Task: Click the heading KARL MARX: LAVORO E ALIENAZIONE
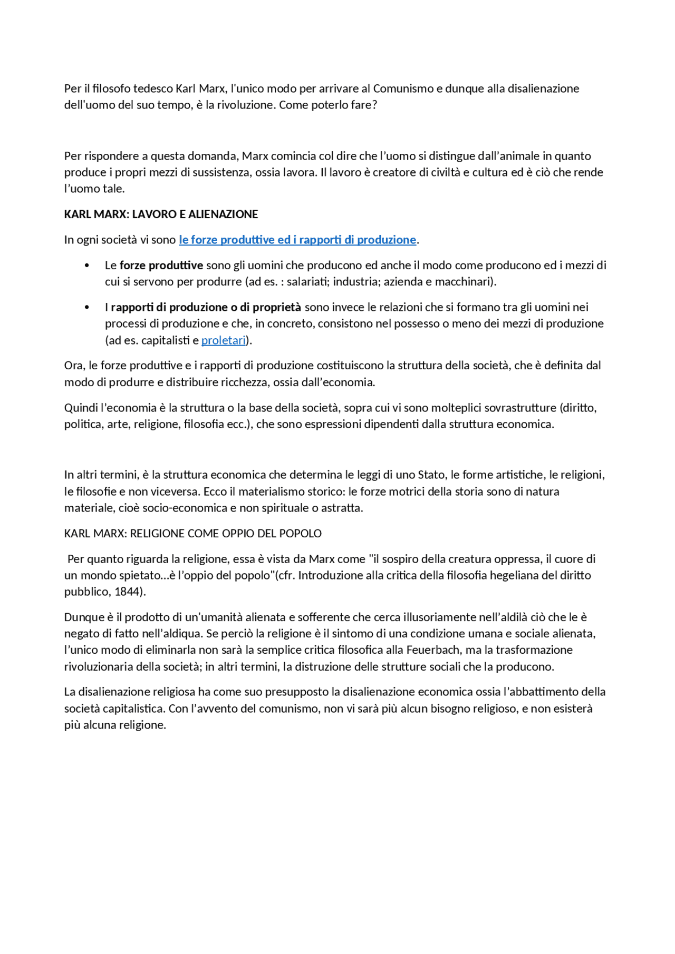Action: (x=161, y=214)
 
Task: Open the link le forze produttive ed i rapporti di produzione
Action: (x=297, y=240)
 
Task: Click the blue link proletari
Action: (x=224, y=340)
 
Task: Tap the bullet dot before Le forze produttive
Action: (x=87, y=265)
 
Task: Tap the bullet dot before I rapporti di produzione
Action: (x=87, y=307)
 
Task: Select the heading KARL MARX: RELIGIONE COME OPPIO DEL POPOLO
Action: (x=192, y=534)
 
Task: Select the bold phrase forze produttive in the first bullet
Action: (x=161, y=265)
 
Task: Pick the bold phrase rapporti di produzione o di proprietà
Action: (x=206, y=307)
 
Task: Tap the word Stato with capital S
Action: (x=431, y=475)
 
